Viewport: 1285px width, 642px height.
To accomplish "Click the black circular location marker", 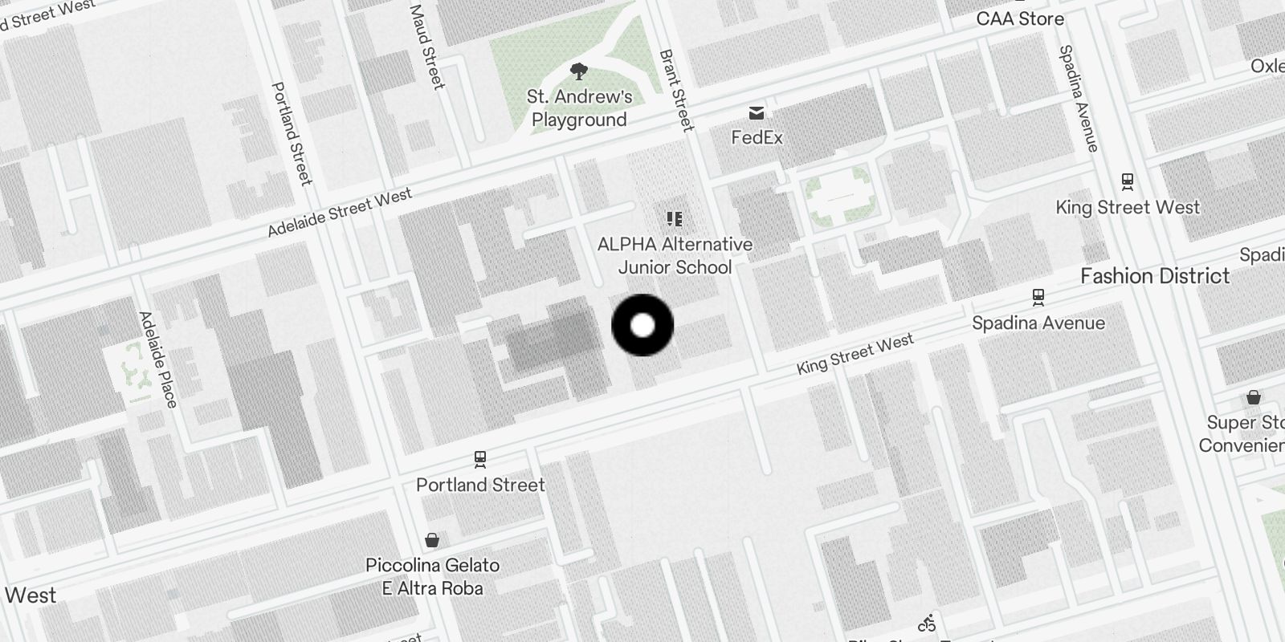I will click(x=642, y=325).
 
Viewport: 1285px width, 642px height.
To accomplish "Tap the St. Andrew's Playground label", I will click(x=579, y=108).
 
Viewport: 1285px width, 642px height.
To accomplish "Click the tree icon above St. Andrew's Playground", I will click(x=578, y=72).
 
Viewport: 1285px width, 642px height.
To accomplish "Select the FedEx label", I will click(x=757, y=137).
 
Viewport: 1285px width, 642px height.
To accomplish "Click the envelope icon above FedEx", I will click(x=757, y=112).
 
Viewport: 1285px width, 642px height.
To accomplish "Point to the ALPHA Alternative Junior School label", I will click(x=675, y=255).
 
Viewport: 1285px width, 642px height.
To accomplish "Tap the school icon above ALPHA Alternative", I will click(x=675, y=218).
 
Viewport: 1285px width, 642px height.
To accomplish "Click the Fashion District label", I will click(x=1155, y=276).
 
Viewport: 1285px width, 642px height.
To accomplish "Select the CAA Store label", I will click(x=1020, y=18).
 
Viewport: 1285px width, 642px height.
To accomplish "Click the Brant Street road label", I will click(x=676, y=90).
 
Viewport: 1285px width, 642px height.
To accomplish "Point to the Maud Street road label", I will click(x=427, y=47).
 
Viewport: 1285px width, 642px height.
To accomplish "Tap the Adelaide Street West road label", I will click(x=340, y=213).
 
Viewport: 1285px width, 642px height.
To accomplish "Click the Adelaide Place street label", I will click(x=157, y=360).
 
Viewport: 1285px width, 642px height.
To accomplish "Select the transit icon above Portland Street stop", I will click(x=480, y=459).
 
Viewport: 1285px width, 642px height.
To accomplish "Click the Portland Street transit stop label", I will click(x=480, y=485).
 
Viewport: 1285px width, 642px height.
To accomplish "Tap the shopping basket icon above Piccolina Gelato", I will click(x=432, y=539).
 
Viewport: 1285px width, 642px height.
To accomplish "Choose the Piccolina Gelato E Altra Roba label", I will click(x=432, y=576).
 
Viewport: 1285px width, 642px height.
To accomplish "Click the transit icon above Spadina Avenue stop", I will click(x=1038, y=297).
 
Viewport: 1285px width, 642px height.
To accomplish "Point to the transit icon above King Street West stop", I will click(x=1128, y=181).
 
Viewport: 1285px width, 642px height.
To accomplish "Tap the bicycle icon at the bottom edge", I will click(x=927, y=624).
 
